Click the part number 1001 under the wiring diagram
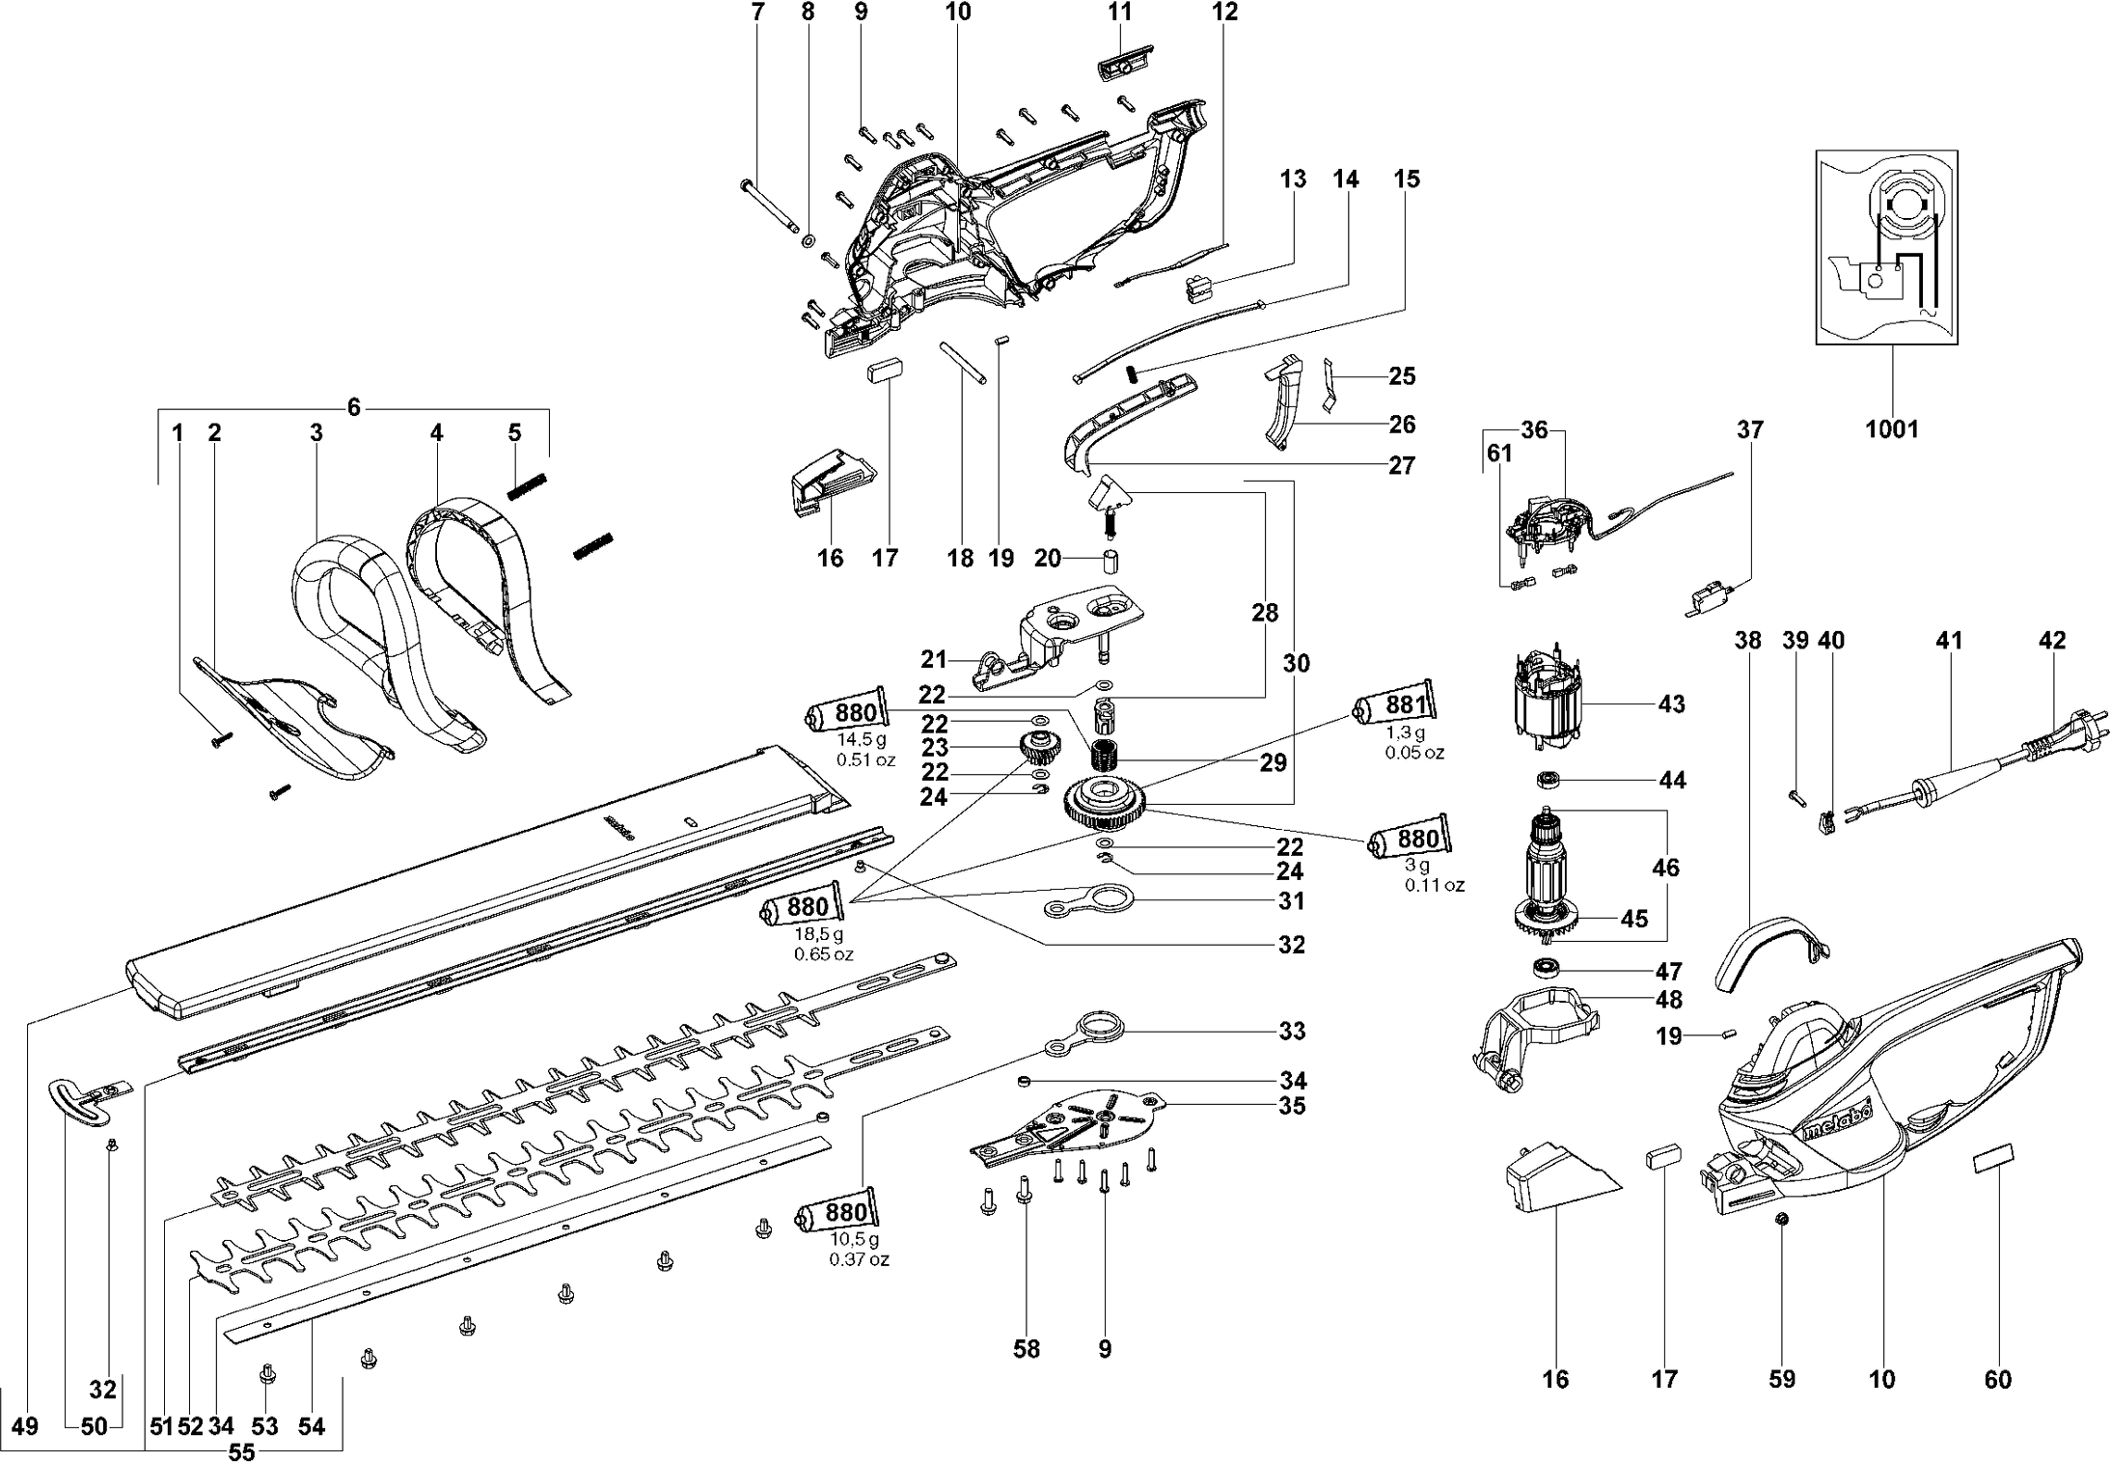coord(1892,428)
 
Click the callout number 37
coord(1749,430)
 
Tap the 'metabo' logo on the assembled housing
coord(1836,1125)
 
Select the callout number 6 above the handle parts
coord(354,407)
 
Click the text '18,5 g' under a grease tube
coord(818,934)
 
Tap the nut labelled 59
coord(1782,1220)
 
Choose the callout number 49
coord(25,1425)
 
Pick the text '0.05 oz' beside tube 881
coord(1414,753)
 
